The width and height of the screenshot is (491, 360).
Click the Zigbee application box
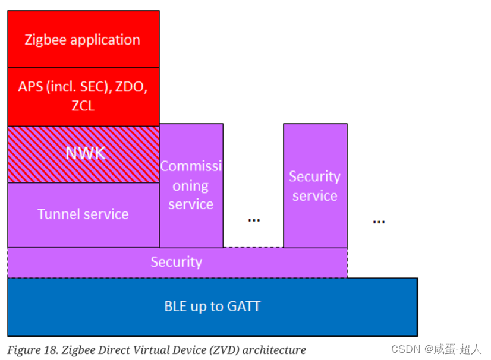point(83,39)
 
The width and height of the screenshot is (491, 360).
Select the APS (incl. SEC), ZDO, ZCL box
point(83,96)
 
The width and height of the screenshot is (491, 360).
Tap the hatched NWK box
point(83,154)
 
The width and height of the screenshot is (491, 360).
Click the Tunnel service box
point(83,214)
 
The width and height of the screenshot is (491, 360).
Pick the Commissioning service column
point(191,185)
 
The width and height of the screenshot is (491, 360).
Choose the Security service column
point(315,186)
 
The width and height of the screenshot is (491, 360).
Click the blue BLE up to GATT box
point(212,307)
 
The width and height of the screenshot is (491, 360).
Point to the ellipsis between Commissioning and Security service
point(254,220)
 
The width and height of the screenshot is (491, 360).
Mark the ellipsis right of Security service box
point(379,222)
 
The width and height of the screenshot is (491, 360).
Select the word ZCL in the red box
point(83,106)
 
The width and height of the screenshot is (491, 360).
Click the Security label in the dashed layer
point(177,262)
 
